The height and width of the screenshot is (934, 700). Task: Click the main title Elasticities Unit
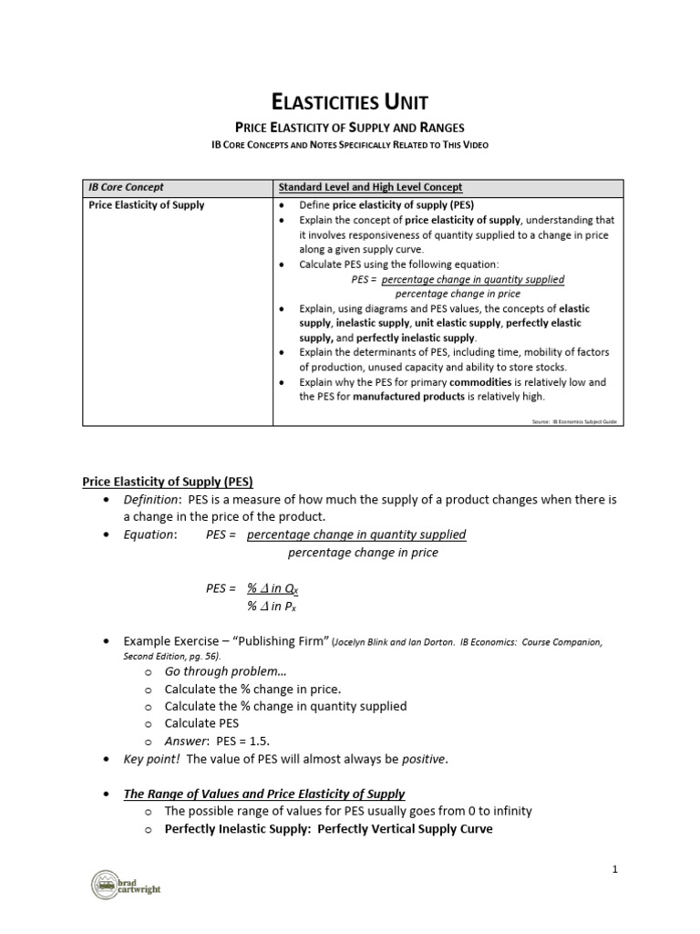click(351, 101)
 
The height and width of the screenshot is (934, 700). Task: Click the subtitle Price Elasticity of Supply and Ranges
click(351, 128)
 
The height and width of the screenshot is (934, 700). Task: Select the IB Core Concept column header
click(126, 187)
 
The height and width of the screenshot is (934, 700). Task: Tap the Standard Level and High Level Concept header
click(370, 187)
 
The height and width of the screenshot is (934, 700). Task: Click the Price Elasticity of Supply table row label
click(146, 204)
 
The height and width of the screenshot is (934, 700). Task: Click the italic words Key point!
click(148, 759)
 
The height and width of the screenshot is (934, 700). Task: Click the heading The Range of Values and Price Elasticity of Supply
click(264, 794)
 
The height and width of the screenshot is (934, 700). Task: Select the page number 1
click(615, 869)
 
